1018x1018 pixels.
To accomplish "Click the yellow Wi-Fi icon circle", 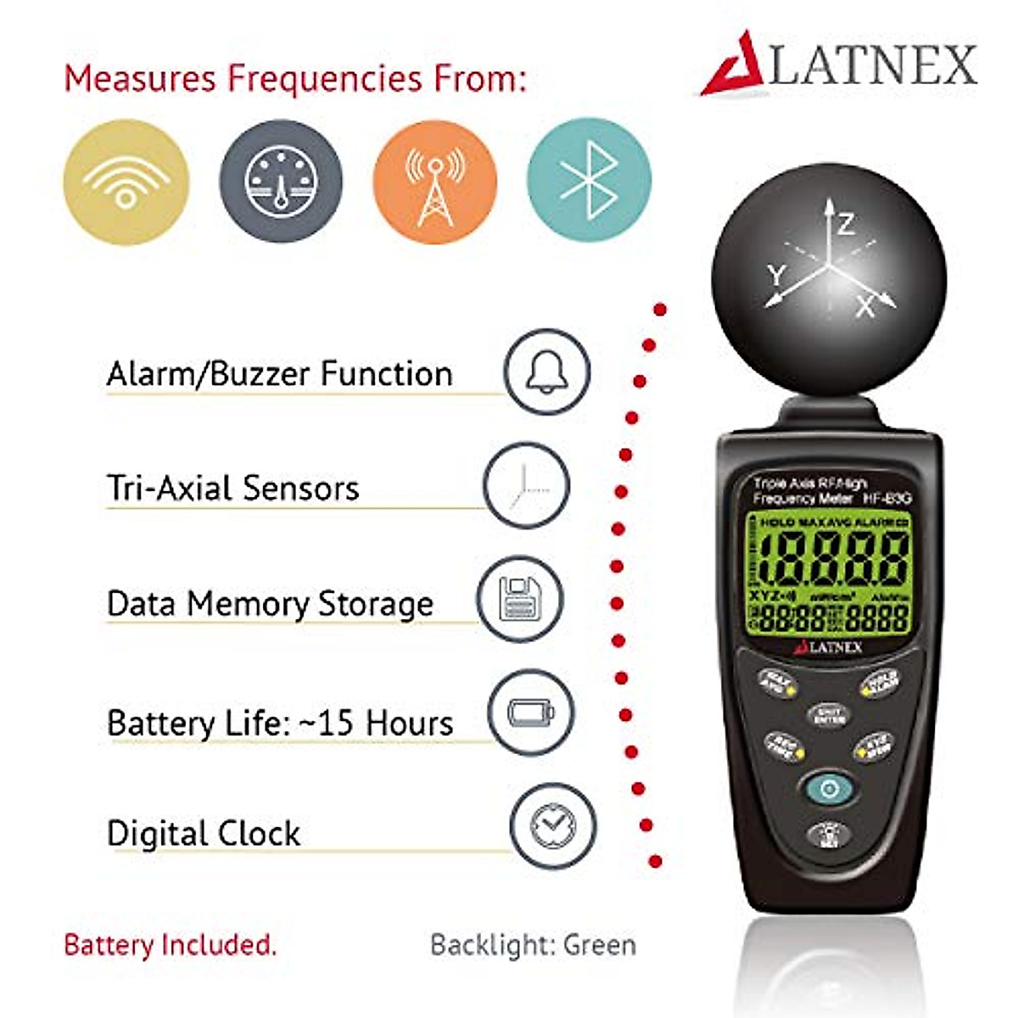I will pos(126,182).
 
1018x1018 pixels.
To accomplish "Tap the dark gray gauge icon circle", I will pos(281,182).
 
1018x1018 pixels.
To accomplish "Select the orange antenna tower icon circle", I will pos(435,182).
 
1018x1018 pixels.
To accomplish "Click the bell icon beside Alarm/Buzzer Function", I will pos(546,372).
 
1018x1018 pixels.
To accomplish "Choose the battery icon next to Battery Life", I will pos(531,713).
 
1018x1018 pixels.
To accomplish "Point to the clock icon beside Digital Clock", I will pos(552,825).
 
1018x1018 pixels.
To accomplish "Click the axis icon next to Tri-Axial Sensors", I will pos(526,485).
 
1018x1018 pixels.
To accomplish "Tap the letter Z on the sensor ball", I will pos(846,225).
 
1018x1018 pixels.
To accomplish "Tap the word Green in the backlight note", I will pos(600,945).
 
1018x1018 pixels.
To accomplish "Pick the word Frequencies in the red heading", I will pos(324,79).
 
